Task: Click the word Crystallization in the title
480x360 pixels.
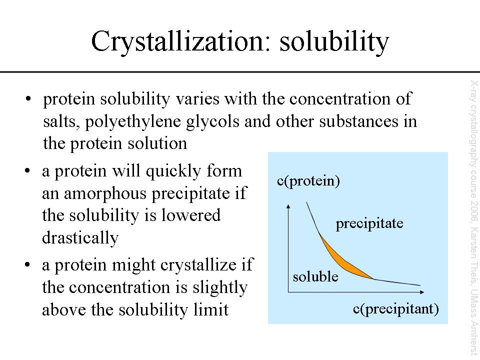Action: point(177,41)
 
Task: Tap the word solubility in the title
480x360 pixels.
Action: point(334,41)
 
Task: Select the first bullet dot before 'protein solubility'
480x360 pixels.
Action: point(28,99)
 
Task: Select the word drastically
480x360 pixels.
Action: point(80,238)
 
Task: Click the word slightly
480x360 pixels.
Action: point(220,288)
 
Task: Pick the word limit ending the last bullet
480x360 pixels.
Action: point(211,310)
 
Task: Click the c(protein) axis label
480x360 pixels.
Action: point(308,181)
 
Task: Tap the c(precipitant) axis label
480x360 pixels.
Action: point(396,309)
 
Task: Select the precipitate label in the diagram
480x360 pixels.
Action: point(369,224)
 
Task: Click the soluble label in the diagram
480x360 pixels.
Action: point(315,276)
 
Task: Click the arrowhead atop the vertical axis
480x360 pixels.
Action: point(288,206)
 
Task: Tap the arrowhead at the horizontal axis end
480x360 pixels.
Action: point(422,292)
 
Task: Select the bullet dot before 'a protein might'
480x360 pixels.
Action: point(28,264)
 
